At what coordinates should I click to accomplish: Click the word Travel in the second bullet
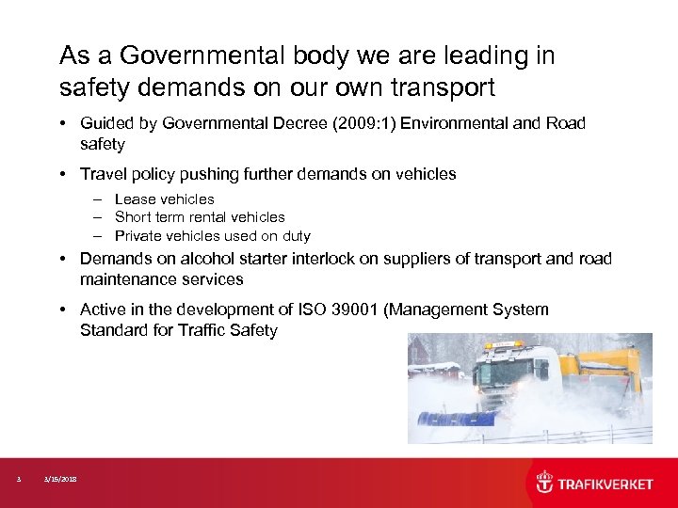[103, 173]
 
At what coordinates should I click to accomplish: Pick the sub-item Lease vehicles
[165, 198]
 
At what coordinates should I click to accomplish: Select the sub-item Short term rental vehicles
[200, 217]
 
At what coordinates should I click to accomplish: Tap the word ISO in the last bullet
[312, 310]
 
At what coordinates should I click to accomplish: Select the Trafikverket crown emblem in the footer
[544, 483]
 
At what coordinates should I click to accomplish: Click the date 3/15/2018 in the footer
[60, 479]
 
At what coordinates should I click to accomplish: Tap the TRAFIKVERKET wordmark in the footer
[605, 484]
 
